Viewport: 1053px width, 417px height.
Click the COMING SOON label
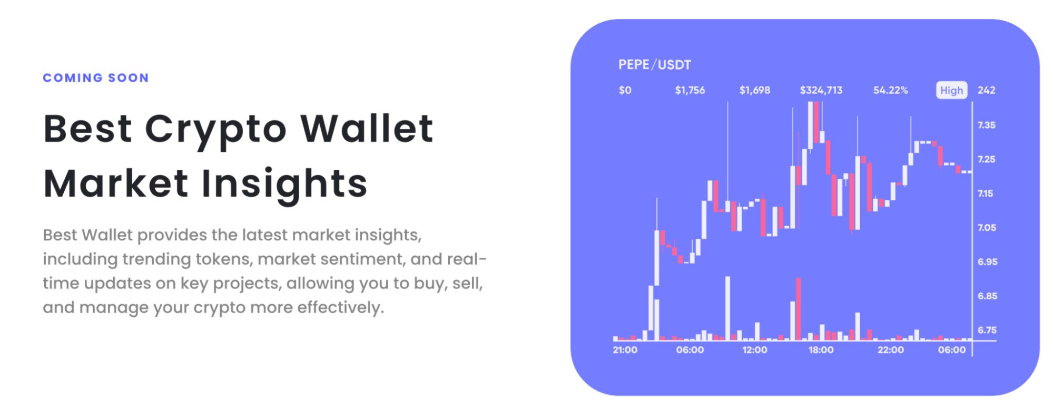point(96,78)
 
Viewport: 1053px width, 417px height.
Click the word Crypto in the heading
point(215,129)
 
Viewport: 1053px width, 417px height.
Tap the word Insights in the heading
point(284,184)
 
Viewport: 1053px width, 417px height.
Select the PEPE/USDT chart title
point(654,65)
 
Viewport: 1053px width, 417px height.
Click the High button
point(951,90)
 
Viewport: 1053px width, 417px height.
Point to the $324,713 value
point(821,90)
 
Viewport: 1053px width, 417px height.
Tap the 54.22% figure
point(890,90)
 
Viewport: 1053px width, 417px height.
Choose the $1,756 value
point(690,90)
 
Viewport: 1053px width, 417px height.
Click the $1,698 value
point(754,90)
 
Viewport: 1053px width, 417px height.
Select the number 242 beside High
point(986,90)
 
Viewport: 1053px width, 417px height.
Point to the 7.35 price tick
point(986,125)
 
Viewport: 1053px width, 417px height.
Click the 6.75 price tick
point(987,330)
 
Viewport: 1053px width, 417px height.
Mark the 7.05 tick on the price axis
point(986,228)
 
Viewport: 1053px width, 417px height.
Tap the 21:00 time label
point(625,350)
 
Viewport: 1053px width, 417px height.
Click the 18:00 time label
point(821,350)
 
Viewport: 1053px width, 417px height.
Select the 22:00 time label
point(890,350)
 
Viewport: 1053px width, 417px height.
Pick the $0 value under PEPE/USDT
point(625,90)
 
